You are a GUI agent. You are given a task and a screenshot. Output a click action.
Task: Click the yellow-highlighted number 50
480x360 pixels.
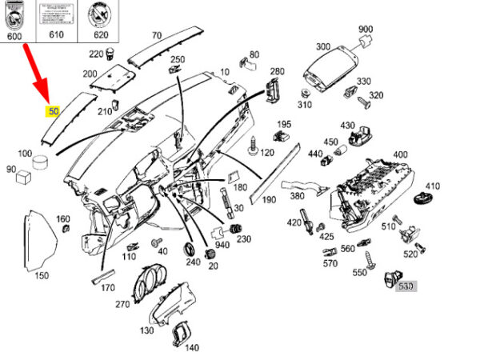point(54,111)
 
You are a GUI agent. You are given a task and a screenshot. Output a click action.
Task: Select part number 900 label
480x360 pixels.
point(366,30)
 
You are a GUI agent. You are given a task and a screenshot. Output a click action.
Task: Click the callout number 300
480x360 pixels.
point(323,46)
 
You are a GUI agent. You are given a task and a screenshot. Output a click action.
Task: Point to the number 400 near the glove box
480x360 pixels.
point(400,154)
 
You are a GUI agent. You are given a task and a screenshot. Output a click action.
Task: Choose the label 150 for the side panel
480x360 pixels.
point(41,275)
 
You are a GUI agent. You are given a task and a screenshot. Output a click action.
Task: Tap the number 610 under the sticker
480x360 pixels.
point(56,35)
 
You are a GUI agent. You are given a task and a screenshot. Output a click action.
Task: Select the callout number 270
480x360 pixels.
point(122,305)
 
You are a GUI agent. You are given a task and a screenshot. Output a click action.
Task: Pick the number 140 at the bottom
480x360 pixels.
point(192,348)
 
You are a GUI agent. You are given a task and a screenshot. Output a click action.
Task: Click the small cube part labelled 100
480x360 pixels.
point(37,166)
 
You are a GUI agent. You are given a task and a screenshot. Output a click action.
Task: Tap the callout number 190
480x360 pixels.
point(269,199)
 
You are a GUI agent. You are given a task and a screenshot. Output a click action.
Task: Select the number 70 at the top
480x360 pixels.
point(157,35)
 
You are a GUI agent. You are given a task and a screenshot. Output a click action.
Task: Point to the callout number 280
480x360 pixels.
point(278,71)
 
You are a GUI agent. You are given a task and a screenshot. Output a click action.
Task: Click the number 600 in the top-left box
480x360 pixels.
point(15,35)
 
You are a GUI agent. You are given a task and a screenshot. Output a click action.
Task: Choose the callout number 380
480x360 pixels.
point(297,196)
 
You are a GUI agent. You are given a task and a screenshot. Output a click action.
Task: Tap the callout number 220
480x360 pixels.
point(97,54)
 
